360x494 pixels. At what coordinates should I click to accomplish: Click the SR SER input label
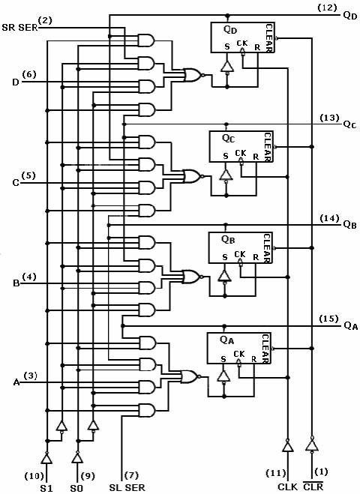coord(19,28)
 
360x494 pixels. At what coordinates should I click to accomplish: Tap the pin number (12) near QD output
coord(327,7)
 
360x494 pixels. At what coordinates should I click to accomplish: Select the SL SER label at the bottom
coord(127,487)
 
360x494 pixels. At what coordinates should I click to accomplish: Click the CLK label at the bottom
coord(287,487)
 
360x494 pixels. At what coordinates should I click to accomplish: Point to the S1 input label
coord(46,488)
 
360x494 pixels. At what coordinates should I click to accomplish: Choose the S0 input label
coord(76,488)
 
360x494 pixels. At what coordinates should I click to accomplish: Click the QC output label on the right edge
coord(349,124)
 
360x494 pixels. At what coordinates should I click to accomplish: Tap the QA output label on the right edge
coord(350,325)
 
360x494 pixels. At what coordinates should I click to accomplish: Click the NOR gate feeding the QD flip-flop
coord(193,75)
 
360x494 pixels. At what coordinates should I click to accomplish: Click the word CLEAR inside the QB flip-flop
coord(267,247)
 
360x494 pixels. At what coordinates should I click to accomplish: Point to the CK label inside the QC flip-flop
coord(241,153)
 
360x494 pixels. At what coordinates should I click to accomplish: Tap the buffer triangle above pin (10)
coord(46,458)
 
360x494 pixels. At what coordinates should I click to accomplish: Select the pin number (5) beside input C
coord(28,175)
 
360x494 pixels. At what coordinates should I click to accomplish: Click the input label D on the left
coord(16,82)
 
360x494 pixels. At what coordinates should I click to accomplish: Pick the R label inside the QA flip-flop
coord(254,359)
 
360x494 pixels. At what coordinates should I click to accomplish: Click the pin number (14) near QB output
coord(329,217)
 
